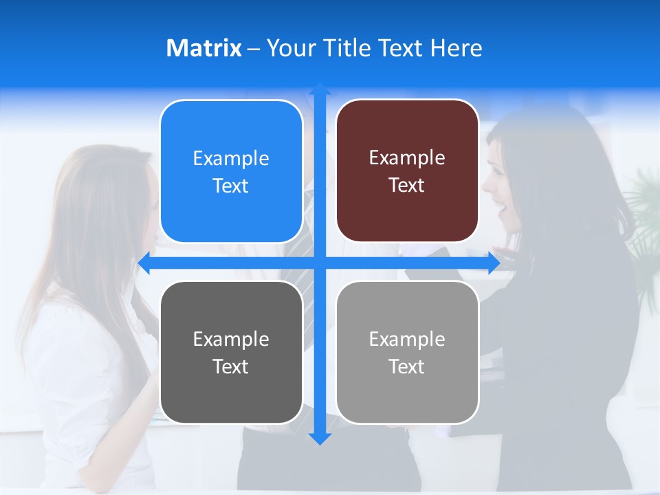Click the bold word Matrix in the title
(203, 48)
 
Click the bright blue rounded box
(231, 171)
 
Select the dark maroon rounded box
(407, 170)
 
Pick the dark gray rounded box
(231, 352)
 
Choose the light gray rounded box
(407, 352)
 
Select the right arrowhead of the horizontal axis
(493, 263)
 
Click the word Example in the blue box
(231, 159)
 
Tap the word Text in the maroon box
(406, 186)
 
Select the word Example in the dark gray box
(231, 340)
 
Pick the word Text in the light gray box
(406, 367)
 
